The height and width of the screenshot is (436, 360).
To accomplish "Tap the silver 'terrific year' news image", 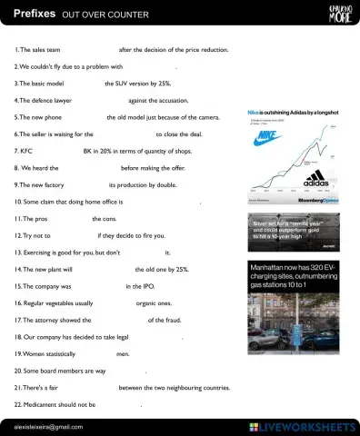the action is click(x=293, y=233).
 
